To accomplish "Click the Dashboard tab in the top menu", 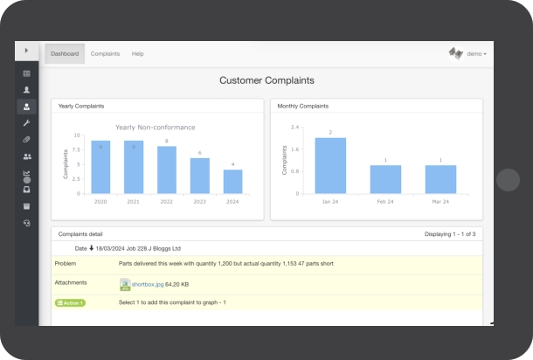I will click(65, 53).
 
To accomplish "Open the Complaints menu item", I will click(105, 53).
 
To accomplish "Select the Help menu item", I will click(138, 53).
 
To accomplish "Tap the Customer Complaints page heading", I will click(266, 80).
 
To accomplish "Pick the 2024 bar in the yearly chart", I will click(232, 181).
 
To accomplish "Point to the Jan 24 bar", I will click(330, 165).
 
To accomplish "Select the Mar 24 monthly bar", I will click(440, 179).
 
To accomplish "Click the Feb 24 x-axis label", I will click(385, 202).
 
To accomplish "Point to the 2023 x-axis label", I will click(199, 202).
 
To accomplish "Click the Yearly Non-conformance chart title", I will click(156, 127).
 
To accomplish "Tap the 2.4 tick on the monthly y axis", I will click(294, 127).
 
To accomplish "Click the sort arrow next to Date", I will click(92, 248).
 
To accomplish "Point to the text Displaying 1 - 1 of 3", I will click(450, 234).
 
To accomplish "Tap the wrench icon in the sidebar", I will click(26, 123).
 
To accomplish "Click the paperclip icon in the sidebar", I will click(26, 140).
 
